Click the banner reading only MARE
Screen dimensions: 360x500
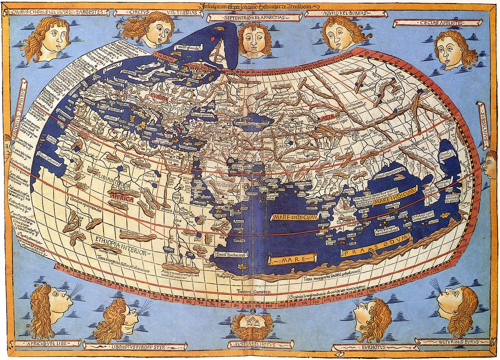(293, 259)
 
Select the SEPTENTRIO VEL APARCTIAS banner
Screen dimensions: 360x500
(254, 18)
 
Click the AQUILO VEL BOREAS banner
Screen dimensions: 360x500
(345, 13)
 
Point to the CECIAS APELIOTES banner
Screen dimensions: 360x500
(437, 23)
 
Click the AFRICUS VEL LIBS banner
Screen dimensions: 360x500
(47, 344)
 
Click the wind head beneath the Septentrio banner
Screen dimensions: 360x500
(255, 40)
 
